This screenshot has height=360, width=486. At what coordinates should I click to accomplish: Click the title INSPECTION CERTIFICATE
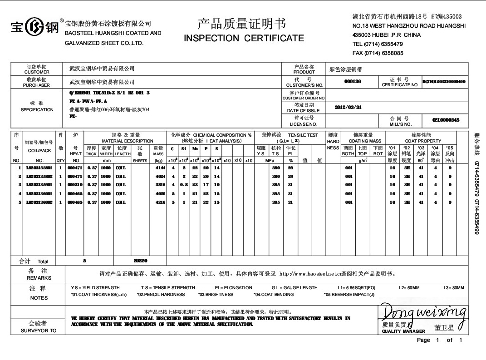click(x=244, y=38)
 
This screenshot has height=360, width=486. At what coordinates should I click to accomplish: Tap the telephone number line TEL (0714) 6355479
click(x=378, y=44)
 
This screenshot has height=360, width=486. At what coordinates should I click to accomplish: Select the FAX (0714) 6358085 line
click(x=378, y=53)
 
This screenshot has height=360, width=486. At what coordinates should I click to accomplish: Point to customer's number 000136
click(x=353, y=82)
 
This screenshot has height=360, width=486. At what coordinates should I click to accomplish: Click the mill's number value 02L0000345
click(x=446, y=120)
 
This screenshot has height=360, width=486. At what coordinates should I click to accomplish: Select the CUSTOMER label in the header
click(x=37, y=72)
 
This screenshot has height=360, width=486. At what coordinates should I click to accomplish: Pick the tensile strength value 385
click(x=275, y=185)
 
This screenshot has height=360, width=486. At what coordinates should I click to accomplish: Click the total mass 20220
click(x=141, y=261)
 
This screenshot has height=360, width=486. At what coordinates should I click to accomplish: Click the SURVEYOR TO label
click(x=39, y=330)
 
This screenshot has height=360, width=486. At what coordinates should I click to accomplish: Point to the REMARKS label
click(x=39, y=278)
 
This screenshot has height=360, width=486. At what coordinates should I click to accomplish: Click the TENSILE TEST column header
click(x=303, y=135)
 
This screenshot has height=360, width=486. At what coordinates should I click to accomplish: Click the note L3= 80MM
click(x=453, y=288)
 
